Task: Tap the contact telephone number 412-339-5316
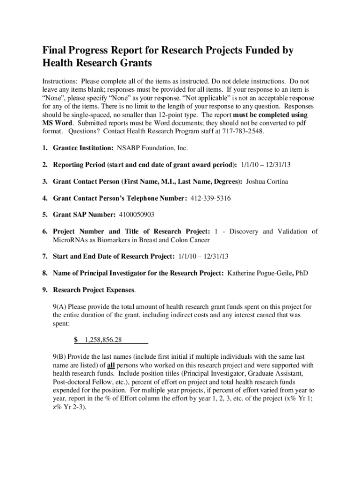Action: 210,198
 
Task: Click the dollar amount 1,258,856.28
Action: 101,339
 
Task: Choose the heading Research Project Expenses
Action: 94,290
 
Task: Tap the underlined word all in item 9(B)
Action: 111,365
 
